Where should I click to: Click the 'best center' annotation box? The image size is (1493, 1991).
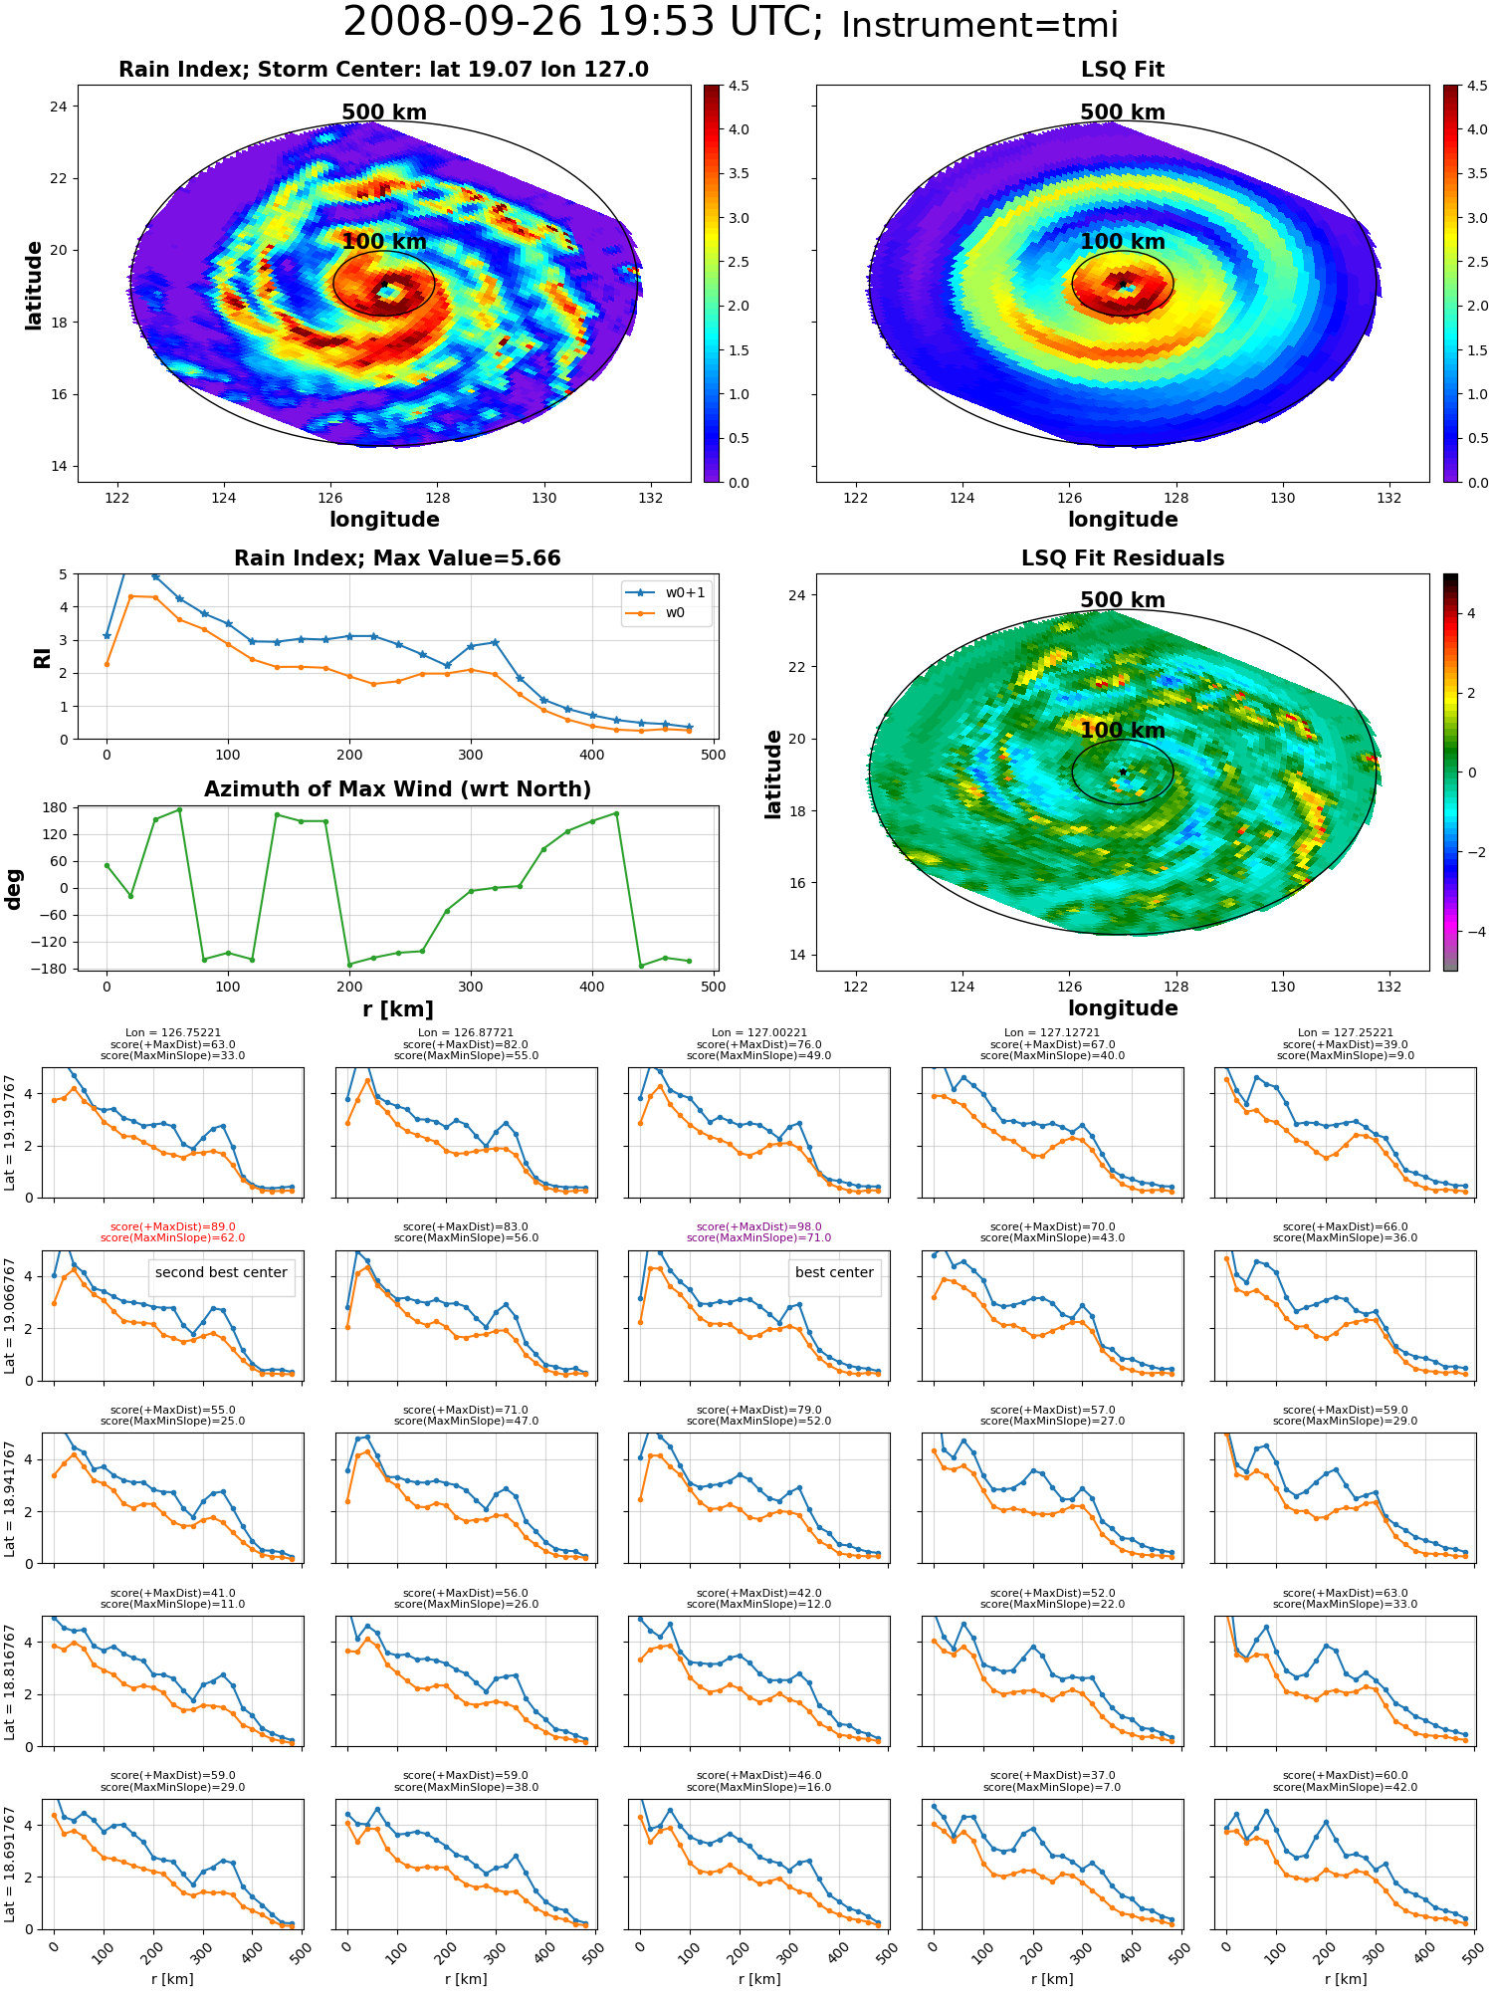pos(834,1273)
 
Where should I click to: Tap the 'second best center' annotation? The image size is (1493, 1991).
pos(221,1273)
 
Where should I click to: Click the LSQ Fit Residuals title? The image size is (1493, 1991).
pos(1123,558)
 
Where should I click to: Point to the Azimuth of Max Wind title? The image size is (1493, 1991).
pos(397,789)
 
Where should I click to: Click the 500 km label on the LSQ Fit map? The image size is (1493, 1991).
pos(1123,112)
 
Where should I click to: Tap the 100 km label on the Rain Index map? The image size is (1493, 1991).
pos(384,242)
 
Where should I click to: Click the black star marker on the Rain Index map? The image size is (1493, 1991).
pos(384,285)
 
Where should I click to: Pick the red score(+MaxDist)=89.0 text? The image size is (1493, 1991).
pos(173,1227)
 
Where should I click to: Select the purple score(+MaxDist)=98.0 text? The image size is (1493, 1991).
pos(759,1227)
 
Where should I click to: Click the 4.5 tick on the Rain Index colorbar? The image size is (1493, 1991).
pos(739,87)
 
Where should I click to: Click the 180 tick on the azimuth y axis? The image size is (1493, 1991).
pos(55,807)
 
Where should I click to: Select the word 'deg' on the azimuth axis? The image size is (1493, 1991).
pos(14,889)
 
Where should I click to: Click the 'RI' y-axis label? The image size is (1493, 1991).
pos(43,658)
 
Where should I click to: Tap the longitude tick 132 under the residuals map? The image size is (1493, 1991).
pos(1389,987)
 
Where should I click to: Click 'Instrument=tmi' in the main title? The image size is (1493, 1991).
pos(979,25)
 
